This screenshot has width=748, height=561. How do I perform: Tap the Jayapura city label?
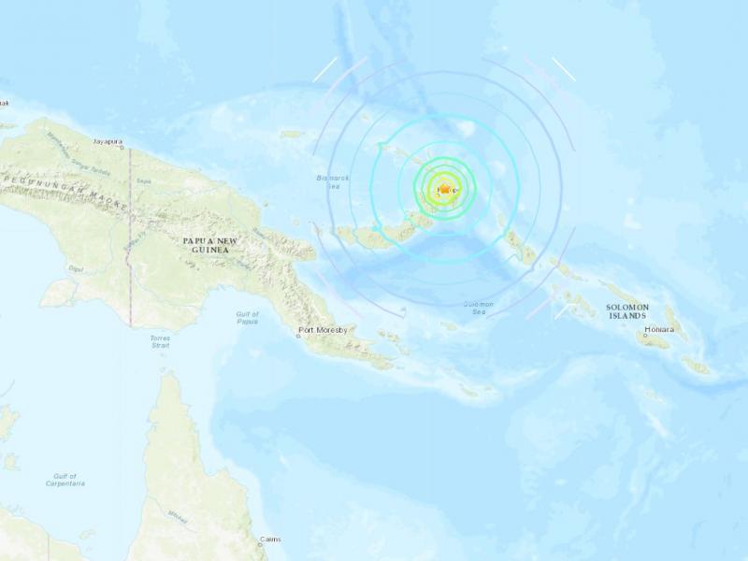(x=108, y=142)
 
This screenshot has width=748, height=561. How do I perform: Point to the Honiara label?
(x=660, y=330)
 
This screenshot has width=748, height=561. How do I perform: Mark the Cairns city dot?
(x=264, y=541)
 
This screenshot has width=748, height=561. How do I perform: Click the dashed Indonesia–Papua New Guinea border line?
(x=130, y=243)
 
